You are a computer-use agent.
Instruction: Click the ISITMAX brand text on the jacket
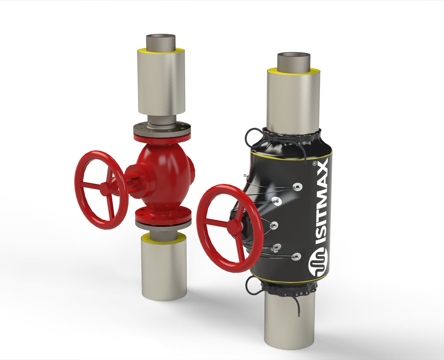(x=322, y=202)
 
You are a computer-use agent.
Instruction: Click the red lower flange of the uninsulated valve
(x=163, y=215)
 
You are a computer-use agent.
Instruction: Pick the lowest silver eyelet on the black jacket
(x=296, y=257)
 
